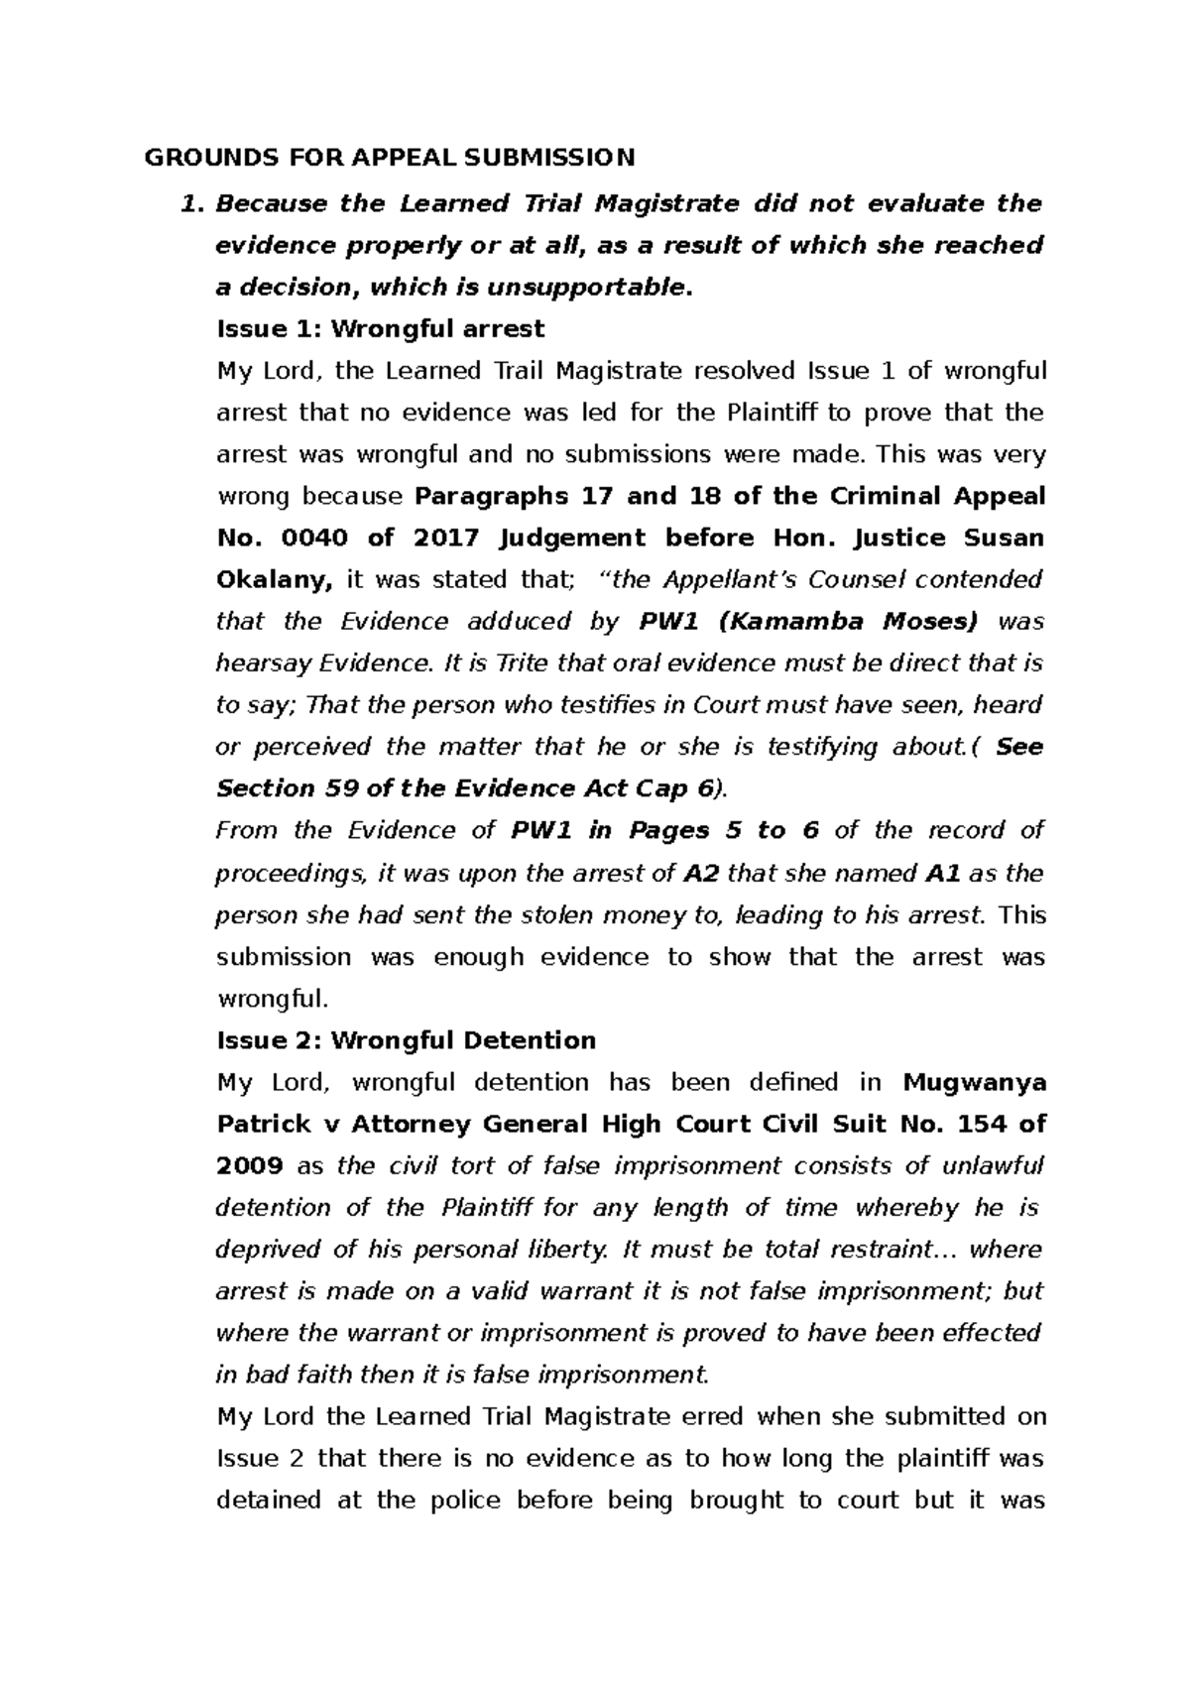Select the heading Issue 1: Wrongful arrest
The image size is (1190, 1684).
(x=380, y=328)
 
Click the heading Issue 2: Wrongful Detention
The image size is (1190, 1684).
(x=406, y=1040)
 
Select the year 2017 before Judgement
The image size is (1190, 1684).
(x=446, y=538)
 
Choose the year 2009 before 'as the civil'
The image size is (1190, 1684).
(x=249, y=1166)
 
